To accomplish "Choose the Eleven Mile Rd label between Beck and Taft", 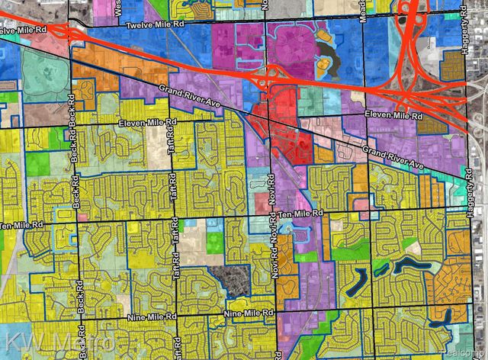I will point(149,124).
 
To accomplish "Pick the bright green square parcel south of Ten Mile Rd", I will point(216,243).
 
